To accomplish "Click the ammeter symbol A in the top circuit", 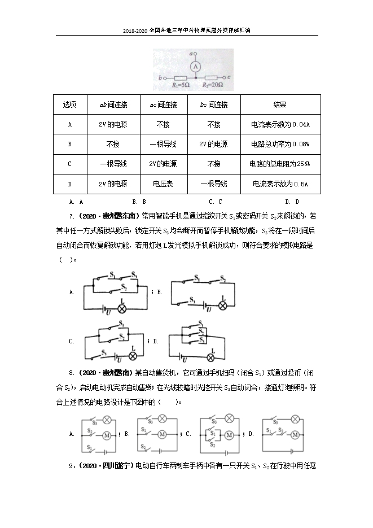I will click(195, 66).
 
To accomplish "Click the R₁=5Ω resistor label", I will click(181, 85).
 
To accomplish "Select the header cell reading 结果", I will click(280, 105).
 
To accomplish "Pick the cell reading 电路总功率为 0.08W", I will click(280, 144).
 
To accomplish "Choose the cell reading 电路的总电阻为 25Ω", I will click(280, 164).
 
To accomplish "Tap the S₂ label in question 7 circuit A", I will click(122, 288).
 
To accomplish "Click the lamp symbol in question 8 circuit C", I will click(229, 418).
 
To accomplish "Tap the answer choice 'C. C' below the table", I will click(215, 202).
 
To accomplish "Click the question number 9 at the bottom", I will click(70, 466).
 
